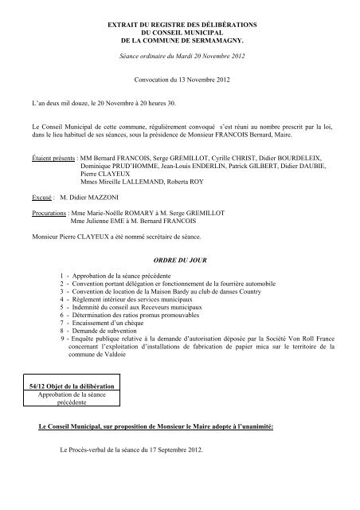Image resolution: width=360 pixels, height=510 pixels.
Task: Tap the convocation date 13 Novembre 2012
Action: pyautogui.click(x=205, y=80)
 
